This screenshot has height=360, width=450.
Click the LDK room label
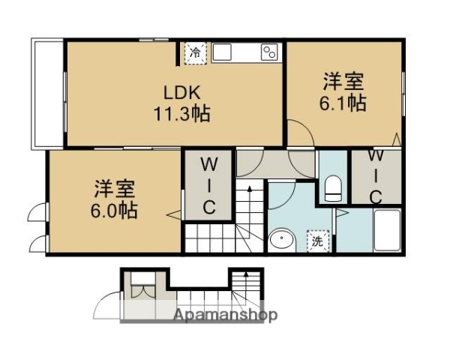click(182, 92)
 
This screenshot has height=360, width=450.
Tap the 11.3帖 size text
click(182, 114)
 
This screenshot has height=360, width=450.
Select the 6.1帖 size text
click(344, 103)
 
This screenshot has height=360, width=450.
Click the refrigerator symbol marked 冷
click(194, 52)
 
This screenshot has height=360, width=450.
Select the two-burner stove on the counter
click(268, 52)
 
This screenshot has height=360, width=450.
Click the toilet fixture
click(333, 186)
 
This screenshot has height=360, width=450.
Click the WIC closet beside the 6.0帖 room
click(209, 184)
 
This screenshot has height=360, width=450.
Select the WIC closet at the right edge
click(376, 177)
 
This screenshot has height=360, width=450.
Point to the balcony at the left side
click(47, 93)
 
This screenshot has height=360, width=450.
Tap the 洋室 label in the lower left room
click(115, 187)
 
